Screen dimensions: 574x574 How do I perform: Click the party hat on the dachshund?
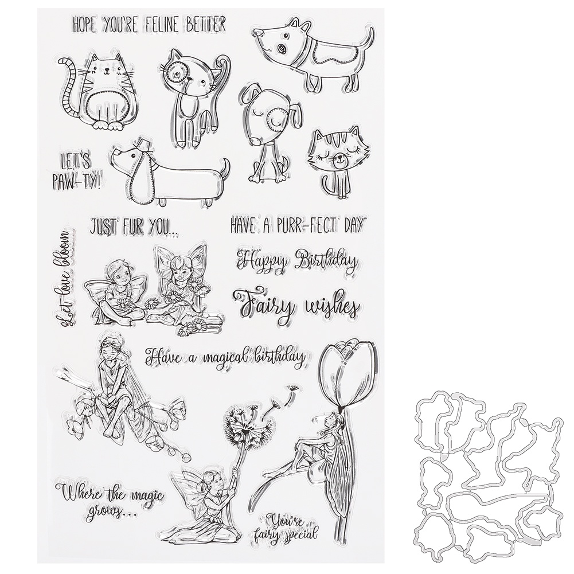pyautogui.click(x=139, y=142)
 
